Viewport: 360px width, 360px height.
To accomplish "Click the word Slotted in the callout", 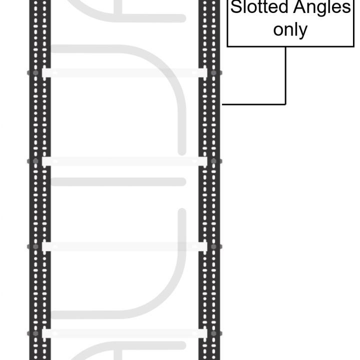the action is (259, 7).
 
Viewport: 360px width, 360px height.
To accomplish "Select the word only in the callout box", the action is (290, 30).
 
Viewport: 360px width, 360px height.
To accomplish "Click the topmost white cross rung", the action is (124, 73).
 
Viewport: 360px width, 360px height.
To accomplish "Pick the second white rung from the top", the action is (124, 161).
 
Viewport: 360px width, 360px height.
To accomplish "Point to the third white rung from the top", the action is (124, 246).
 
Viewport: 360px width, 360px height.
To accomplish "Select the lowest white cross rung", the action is (124, 333).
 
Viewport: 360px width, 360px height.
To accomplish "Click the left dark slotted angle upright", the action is (40, 180).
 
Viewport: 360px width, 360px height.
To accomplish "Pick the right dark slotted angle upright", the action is (209, 180).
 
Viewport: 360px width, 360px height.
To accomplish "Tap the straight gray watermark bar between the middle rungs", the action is (118, 181).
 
